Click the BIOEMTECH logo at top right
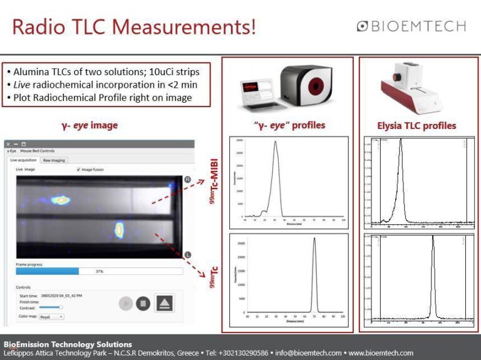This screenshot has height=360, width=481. [411, 26]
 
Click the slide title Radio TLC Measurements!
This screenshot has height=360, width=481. [134, 28]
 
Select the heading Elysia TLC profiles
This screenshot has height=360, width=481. [416, 125]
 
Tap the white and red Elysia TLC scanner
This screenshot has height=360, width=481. [416, 88]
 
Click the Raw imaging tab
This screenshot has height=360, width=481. [54, 160]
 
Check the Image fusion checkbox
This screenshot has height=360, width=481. [78, 170]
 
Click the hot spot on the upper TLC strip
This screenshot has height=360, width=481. [61, 200]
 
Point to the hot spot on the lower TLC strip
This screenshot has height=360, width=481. [120, 230]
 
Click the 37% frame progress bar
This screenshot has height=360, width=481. [99, 271]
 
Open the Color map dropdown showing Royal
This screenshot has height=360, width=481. [51, 317]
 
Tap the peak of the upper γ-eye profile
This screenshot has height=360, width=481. [275, 142]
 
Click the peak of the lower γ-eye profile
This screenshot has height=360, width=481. [314, 239]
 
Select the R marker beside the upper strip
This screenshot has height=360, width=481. [187, 180]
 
